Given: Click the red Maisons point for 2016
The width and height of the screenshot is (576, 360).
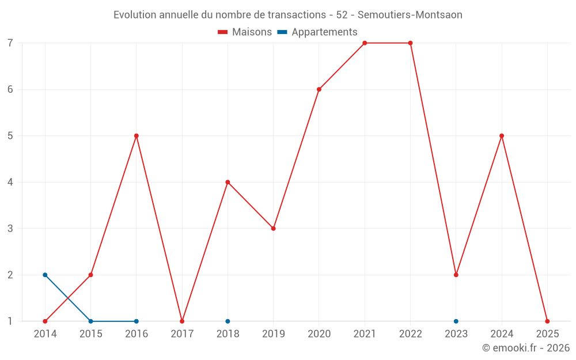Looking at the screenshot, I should click(137, 136).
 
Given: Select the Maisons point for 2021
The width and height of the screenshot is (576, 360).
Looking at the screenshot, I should click(365, 43).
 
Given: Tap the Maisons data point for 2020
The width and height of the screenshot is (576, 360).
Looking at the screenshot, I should click(319, 89).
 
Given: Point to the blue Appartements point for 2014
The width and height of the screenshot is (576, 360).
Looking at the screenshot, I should click(45, 275).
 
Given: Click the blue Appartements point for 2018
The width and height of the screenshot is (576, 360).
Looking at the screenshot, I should click(228, 321).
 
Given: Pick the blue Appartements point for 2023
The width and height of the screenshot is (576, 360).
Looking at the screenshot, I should click(456, 321).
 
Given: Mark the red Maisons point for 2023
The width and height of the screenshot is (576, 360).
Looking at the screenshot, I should click(456, 275).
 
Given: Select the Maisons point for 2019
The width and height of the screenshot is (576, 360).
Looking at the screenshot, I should click(274, 229).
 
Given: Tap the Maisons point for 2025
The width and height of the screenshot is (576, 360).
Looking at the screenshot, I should click(547, 321).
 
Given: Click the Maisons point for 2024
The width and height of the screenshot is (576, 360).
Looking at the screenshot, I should click(502, 136).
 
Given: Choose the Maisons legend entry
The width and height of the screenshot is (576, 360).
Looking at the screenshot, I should click(245, 32).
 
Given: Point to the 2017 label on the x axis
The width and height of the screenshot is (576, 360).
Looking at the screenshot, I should click(182, 334).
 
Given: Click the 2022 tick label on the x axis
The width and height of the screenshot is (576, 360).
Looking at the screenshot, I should click(410, 334).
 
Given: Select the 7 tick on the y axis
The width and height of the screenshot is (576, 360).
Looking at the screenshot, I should click(10, 43).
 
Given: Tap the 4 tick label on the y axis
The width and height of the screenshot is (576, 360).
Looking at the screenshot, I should click(10, 183).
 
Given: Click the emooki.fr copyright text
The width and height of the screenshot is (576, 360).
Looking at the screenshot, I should click(526, 348).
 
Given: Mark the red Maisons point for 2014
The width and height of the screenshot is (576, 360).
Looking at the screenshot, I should click(45, 321).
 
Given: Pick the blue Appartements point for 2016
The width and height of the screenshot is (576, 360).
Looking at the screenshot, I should click(137, 321).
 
